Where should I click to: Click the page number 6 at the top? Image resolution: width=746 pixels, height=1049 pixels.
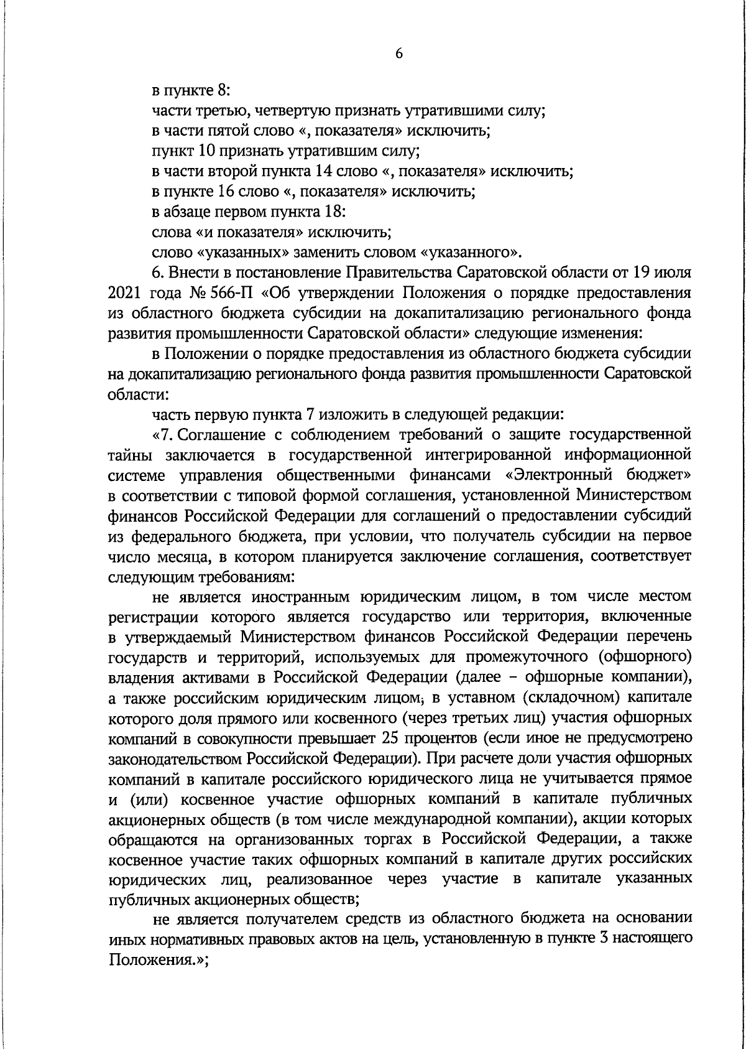click(399, 54)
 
